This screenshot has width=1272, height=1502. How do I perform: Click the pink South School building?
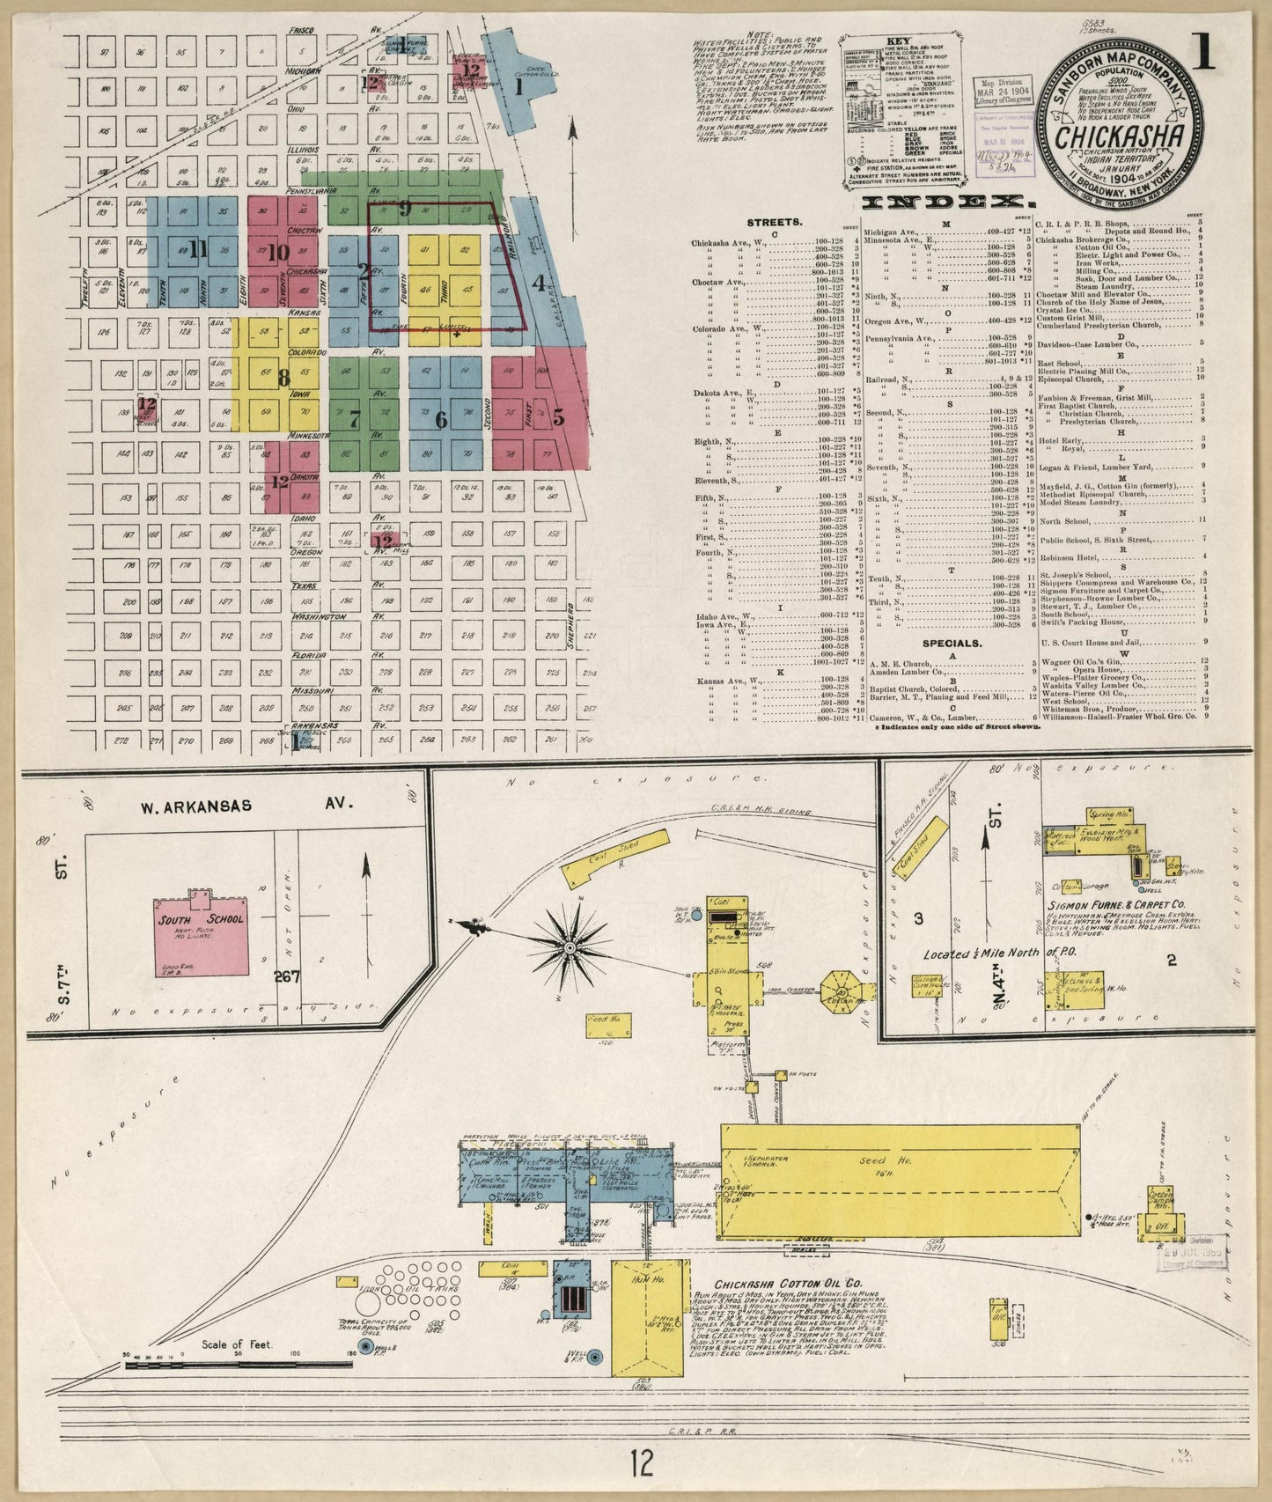(202, 937)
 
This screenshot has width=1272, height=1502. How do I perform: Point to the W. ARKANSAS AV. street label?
(246, 805)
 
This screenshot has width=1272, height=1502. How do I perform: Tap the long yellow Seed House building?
(900, 1180)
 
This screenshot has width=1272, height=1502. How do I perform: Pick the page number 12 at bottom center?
(642, 1462)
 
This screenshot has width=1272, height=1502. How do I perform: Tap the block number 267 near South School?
(287, 976)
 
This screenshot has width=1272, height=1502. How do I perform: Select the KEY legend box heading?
(898, 42)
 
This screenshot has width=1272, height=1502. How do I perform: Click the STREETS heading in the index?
(774, 223)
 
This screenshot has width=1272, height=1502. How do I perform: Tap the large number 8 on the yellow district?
(283, 379)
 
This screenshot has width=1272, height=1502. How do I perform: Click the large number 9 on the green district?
(405, 209)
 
